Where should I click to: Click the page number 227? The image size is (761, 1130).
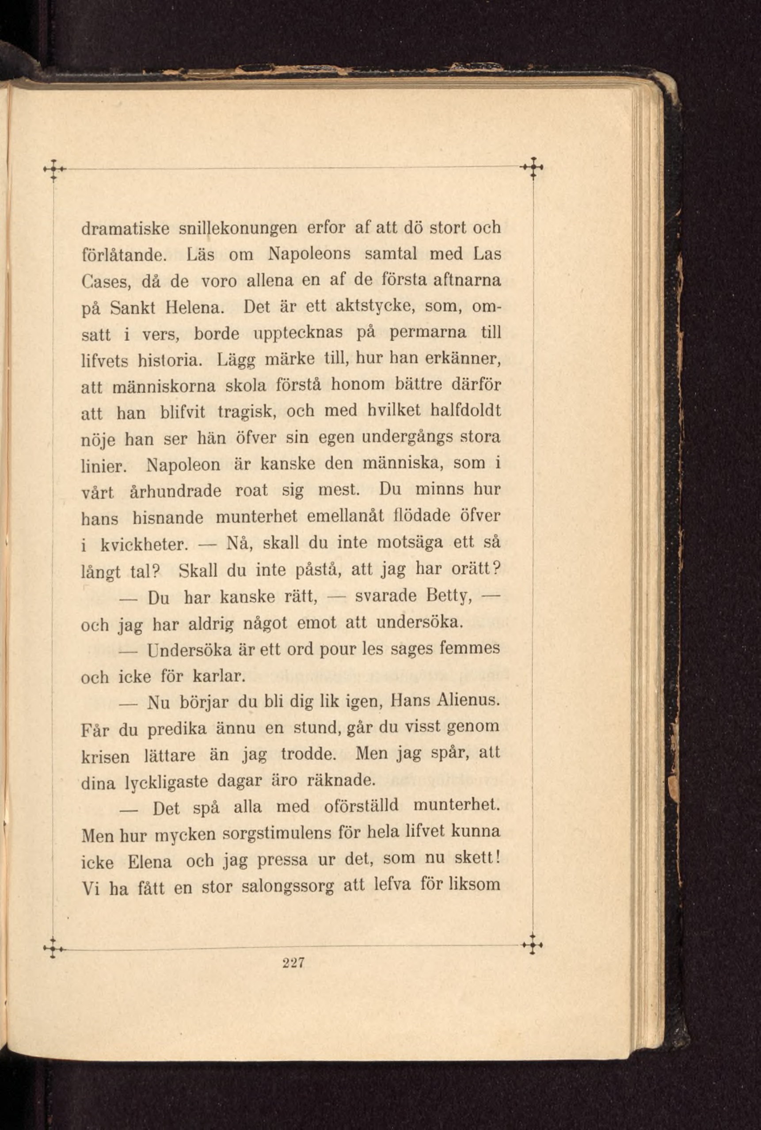293,962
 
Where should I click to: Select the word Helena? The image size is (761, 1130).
194,308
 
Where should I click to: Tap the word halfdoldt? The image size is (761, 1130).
465,411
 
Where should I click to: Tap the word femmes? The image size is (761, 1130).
469,648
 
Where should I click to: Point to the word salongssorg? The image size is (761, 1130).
288,887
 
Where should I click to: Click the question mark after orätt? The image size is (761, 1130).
496,568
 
